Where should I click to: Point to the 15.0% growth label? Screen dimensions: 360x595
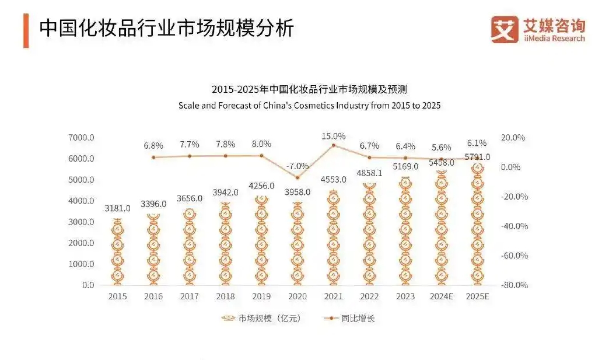(x=333, y=136)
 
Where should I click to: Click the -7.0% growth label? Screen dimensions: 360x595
(x=297, y=165)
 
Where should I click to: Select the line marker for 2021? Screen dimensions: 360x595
(x=333, y=145)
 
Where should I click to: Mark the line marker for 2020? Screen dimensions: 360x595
(x=297, y=177)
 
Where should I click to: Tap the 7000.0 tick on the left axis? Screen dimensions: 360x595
(x=80, y=138)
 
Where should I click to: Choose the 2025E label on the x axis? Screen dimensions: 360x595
(x=478, y=296)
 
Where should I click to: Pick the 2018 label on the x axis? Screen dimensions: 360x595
(x=225, y=296)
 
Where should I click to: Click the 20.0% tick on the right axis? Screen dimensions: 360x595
(x=513, y=138)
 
